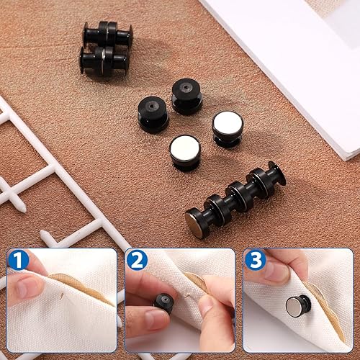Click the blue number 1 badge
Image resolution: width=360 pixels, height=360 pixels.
(18, 260)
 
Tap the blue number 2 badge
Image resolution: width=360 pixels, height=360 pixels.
(137, 260)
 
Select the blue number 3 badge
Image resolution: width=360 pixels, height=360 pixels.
(255, 260)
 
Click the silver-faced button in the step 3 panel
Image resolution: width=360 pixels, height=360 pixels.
(298, 306)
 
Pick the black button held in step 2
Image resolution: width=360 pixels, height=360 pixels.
(164, 303)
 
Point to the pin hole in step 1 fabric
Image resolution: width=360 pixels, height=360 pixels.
(62, 296)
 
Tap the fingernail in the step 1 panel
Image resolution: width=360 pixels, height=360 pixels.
(28, 287)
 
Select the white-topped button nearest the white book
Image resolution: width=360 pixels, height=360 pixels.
(228, 129)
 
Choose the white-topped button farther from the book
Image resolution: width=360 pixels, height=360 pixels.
(184, 153)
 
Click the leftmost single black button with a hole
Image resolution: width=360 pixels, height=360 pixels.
(153, 114)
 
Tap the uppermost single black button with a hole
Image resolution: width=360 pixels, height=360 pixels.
(187, 96)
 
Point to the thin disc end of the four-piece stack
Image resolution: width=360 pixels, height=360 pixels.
(278, 173)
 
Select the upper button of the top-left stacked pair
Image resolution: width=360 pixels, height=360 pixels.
(107, 35)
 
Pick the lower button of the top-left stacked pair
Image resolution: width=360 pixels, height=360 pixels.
(104, 61)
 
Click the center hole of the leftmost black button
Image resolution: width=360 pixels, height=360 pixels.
(152, 106)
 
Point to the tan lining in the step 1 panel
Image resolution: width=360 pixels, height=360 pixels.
(79, 287)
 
